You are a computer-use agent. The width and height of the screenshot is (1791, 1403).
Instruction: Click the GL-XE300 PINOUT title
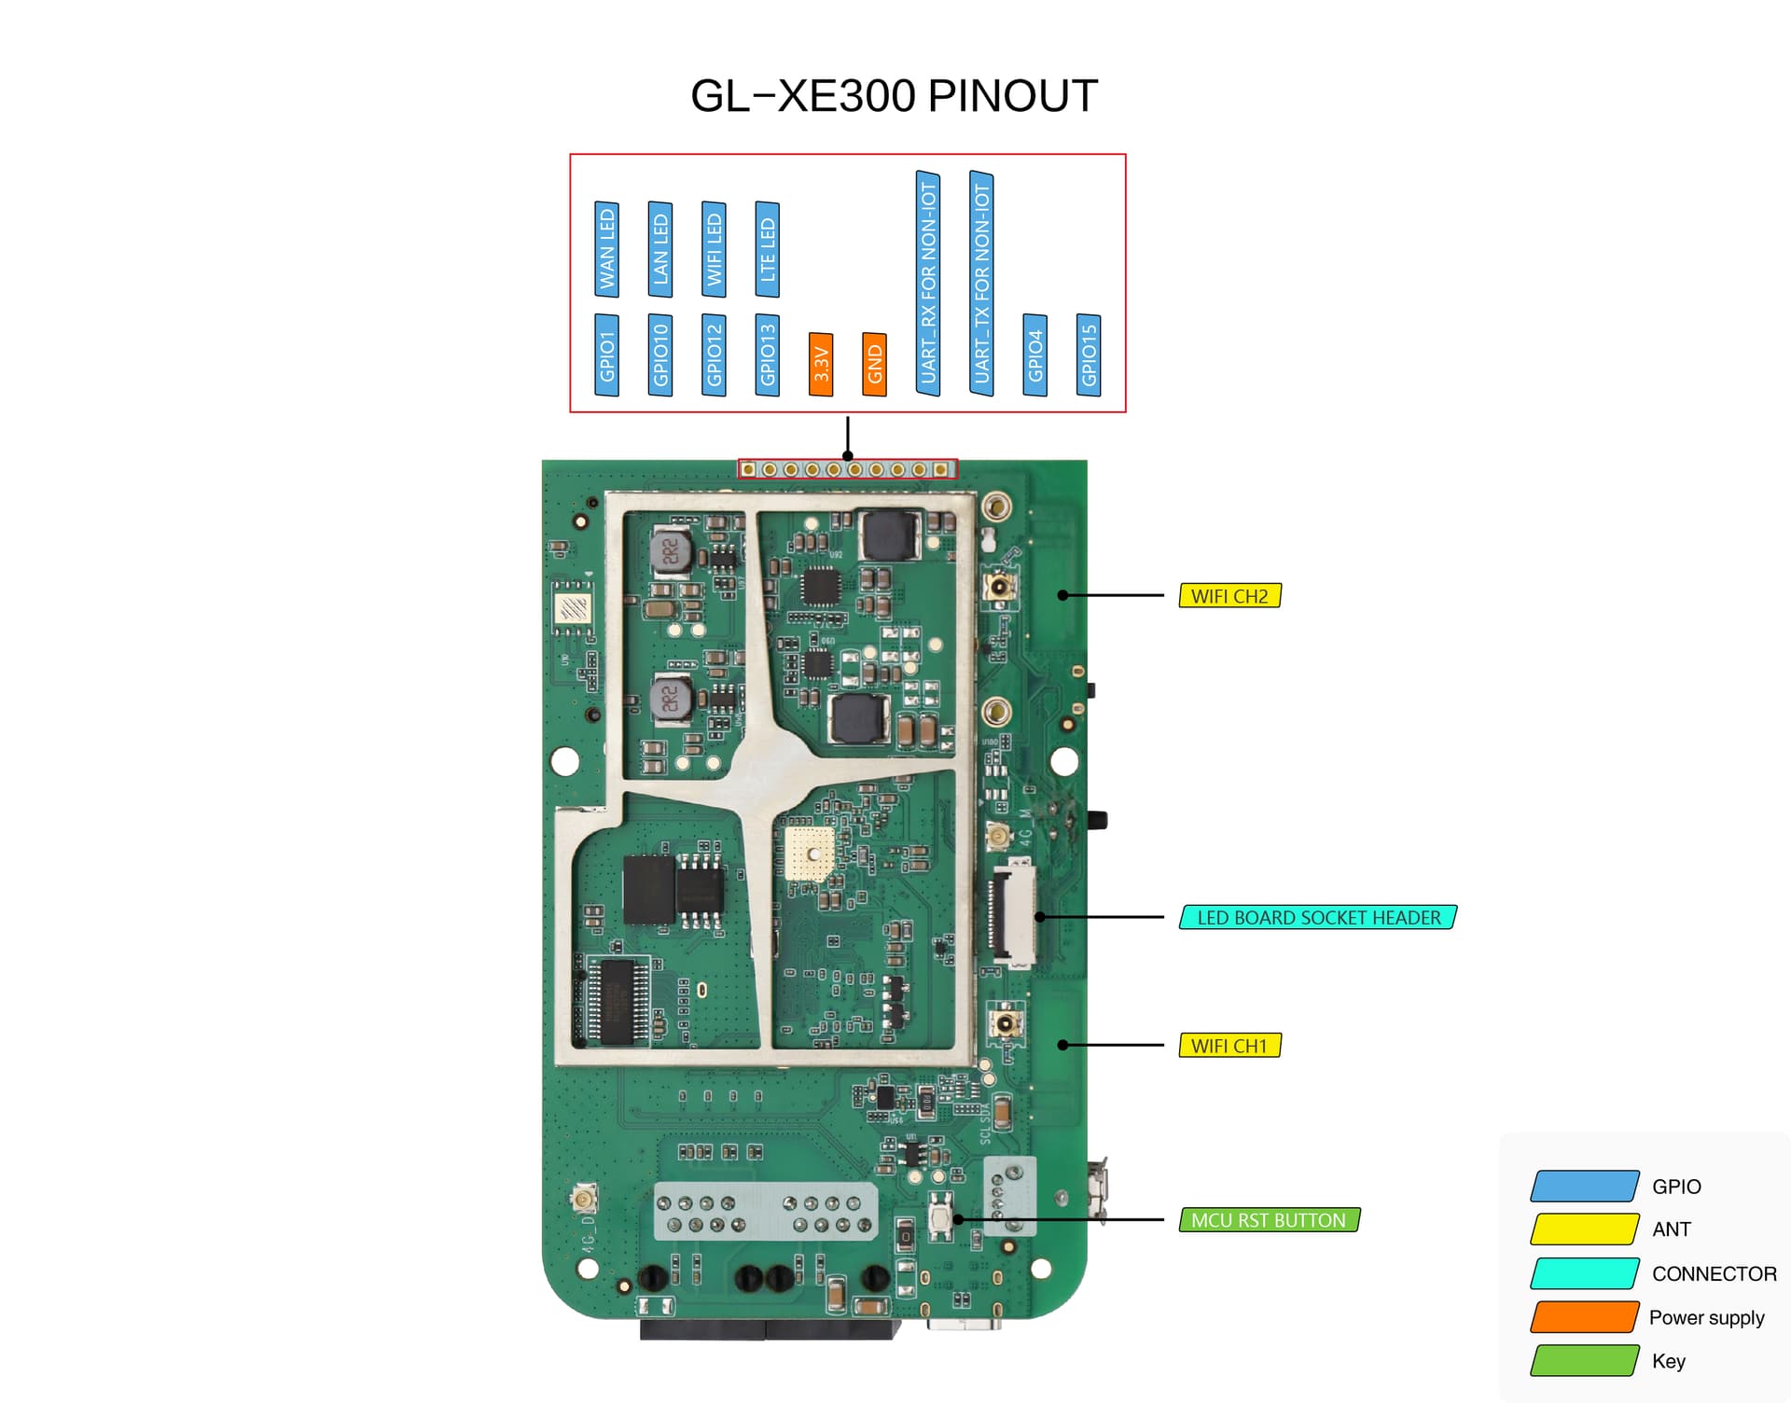click(x=894, y=96)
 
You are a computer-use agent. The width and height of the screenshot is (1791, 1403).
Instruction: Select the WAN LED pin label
click(x=607, y=249)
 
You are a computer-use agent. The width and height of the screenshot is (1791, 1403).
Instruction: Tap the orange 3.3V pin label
click(x=821, y=364)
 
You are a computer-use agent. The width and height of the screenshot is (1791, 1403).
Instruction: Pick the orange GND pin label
click(x=874, y=364)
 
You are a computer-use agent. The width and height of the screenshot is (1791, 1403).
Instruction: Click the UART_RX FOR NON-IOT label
click(x=928, y=284)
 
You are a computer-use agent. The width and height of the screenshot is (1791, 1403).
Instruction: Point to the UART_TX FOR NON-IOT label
click(x=981, y=284)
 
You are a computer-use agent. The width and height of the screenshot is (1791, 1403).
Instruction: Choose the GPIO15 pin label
click(x=1089, y=354)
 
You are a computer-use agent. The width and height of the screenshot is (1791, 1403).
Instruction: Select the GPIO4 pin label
click(x=1035, y=354)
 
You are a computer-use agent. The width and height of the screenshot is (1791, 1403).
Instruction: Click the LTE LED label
click(x=768, y=249)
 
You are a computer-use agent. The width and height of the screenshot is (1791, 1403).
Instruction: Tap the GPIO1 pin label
click(x=607, y=354)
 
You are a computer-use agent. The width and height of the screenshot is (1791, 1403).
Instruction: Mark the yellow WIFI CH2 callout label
click(x=1229, y=596)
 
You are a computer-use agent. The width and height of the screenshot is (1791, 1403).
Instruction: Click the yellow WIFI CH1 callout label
click(x=1229, y=1046)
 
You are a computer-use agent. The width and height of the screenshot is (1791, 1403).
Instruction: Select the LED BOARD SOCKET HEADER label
click(x=1318, y=918)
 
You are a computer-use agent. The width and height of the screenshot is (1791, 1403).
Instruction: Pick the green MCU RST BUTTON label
click(x=1269, y=1220)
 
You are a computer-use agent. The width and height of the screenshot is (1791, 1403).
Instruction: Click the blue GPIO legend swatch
click(x=1584, y=1187)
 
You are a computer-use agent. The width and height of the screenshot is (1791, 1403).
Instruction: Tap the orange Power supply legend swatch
click(x=1584, y=1317)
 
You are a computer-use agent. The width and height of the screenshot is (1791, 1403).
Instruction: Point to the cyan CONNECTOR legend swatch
click(x=1584, y=1273)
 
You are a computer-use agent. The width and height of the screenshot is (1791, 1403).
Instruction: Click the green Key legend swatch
click(x=1584, y=1361)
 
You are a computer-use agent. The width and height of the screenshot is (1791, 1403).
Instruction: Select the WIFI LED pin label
click(x=715, y=249)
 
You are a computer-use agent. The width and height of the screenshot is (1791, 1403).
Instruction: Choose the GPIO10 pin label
click(x=660, y=354)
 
